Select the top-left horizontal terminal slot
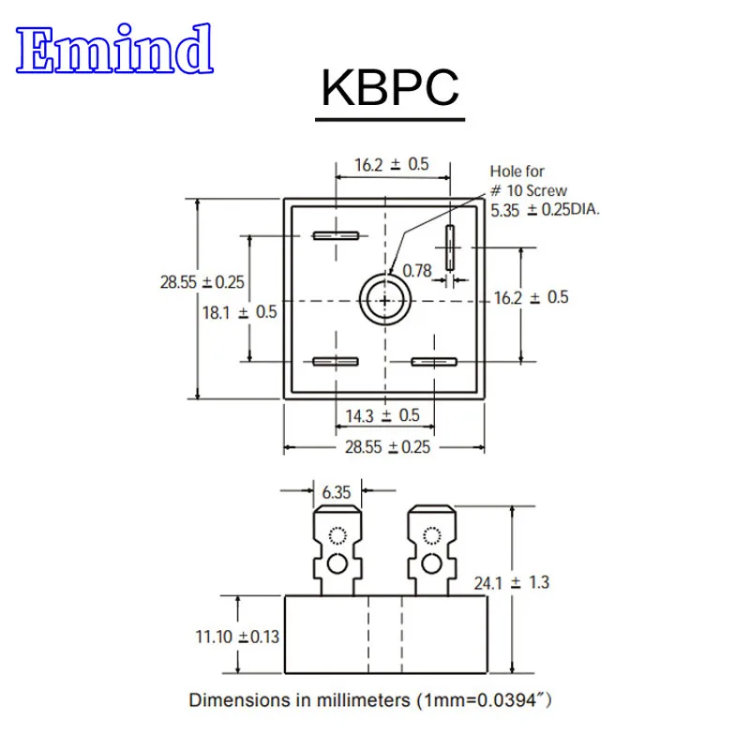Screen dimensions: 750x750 coord(336,235)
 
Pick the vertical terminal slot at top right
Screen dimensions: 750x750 coord(450,250)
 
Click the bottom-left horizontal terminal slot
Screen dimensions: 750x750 coord(336,362)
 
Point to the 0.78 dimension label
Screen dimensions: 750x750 coord(416,271)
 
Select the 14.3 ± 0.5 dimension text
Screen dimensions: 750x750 coord(383,415)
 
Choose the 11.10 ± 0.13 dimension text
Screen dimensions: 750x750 coord(237,637)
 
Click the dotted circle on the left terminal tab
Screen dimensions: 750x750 coord(337,536)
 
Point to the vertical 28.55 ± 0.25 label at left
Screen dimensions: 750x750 coord(202,281)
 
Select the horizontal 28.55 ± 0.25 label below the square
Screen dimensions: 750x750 coord(387,447)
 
